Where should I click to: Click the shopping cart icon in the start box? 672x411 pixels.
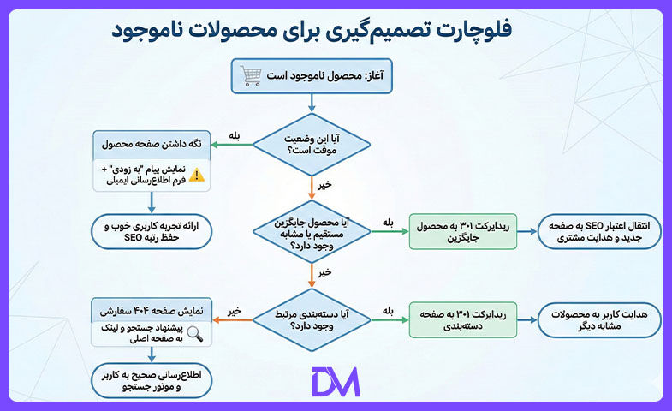pyautogui.click(x=250, y=76)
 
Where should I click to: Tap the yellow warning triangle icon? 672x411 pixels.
pyautogui.click(x=197, y=175)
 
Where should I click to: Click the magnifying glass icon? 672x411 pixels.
pyautogui.click(x=194, y=333)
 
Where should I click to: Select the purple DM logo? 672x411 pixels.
pyautogui.click(x=336, y=381)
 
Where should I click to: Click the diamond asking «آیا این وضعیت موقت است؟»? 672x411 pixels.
pyautogui.click(x=312, y=145)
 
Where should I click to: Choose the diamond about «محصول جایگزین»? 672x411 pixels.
pyautogui.click(x=312, y=232)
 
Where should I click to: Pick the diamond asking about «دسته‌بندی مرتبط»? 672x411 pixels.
pyautogui.click(x=312, y=319)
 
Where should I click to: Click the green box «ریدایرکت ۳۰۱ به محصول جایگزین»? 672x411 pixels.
pyautogui.click(x=463, y=232)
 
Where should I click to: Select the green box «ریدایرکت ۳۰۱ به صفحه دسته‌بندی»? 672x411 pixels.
pyautogui.click(x=463, y=319)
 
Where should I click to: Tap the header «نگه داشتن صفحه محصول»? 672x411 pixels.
pyautogui.click(x=152, y=145)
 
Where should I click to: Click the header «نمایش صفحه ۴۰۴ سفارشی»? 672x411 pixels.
pyautogui.click(x=152, y=310)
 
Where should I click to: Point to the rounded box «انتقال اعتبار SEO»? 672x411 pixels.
pyautogui.click(x=599, y=232)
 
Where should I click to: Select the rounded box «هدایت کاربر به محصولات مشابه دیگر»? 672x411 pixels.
pyautogui.click(x=599, y=319)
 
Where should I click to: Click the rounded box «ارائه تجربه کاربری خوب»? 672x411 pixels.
pyautogui.click(x=152, y=231)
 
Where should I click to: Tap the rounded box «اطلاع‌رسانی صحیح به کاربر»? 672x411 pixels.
pyautogui.click(x=152, y=380)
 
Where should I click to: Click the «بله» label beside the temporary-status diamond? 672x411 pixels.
pyautogui.click(x=234, y=136)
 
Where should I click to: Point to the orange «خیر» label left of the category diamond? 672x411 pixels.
pyautogui.click(x=235, y=311)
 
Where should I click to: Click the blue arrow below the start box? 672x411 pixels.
pyautogui.click(x=312, y=104)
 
